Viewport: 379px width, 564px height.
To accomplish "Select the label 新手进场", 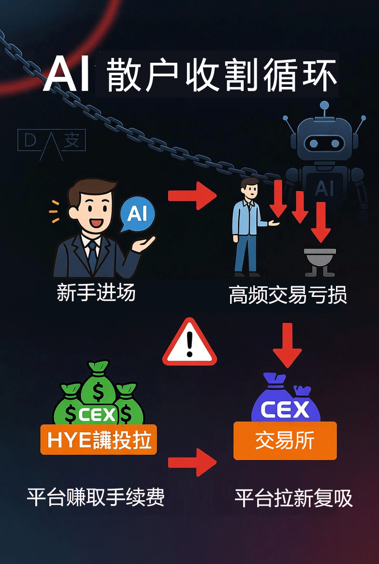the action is pos(96,293).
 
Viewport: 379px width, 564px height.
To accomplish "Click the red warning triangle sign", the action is pos(189,343).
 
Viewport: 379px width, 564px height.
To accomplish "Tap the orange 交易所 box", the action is pos(285,440).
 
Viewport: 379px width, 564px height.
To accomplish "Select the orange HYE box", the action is pos(99,440).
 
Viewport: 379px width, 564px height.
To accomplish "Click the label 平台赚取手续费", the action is pos(96,497).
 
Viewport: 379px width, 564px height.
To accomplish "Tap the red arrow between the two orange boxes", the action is pos(192,462).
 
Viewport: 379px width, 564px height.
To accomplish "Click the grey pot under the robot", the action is pos(320,258).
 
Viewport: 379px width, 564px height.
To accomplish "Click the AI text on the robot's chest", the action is pos(324,188).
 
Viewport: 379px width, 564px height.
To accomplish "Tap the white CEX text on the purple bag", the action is pos(285,409).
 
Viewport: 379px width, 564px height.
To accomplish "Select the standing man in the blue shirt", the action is pos(248,225).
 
